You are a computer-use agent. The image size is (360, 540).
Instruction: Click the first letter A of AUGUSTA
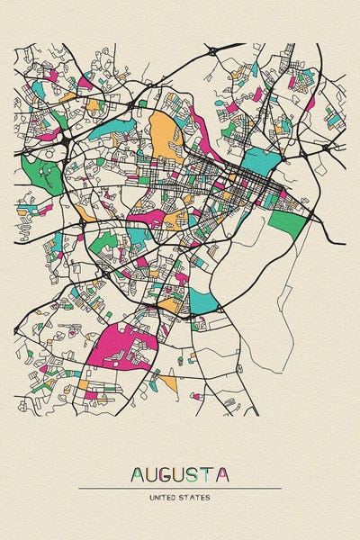coord(139,473)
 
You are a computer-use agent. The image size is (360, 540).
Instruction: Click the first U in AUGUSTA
coord(154,473)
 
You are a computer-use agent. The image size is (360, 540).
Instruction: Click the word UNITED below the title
coord(165,496)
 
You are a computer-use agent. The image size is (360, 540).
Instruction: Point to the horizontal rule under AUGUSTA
coord(180,488)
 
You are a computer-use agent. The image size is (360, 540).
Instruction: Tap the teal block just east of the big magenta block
coord(202,301)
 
